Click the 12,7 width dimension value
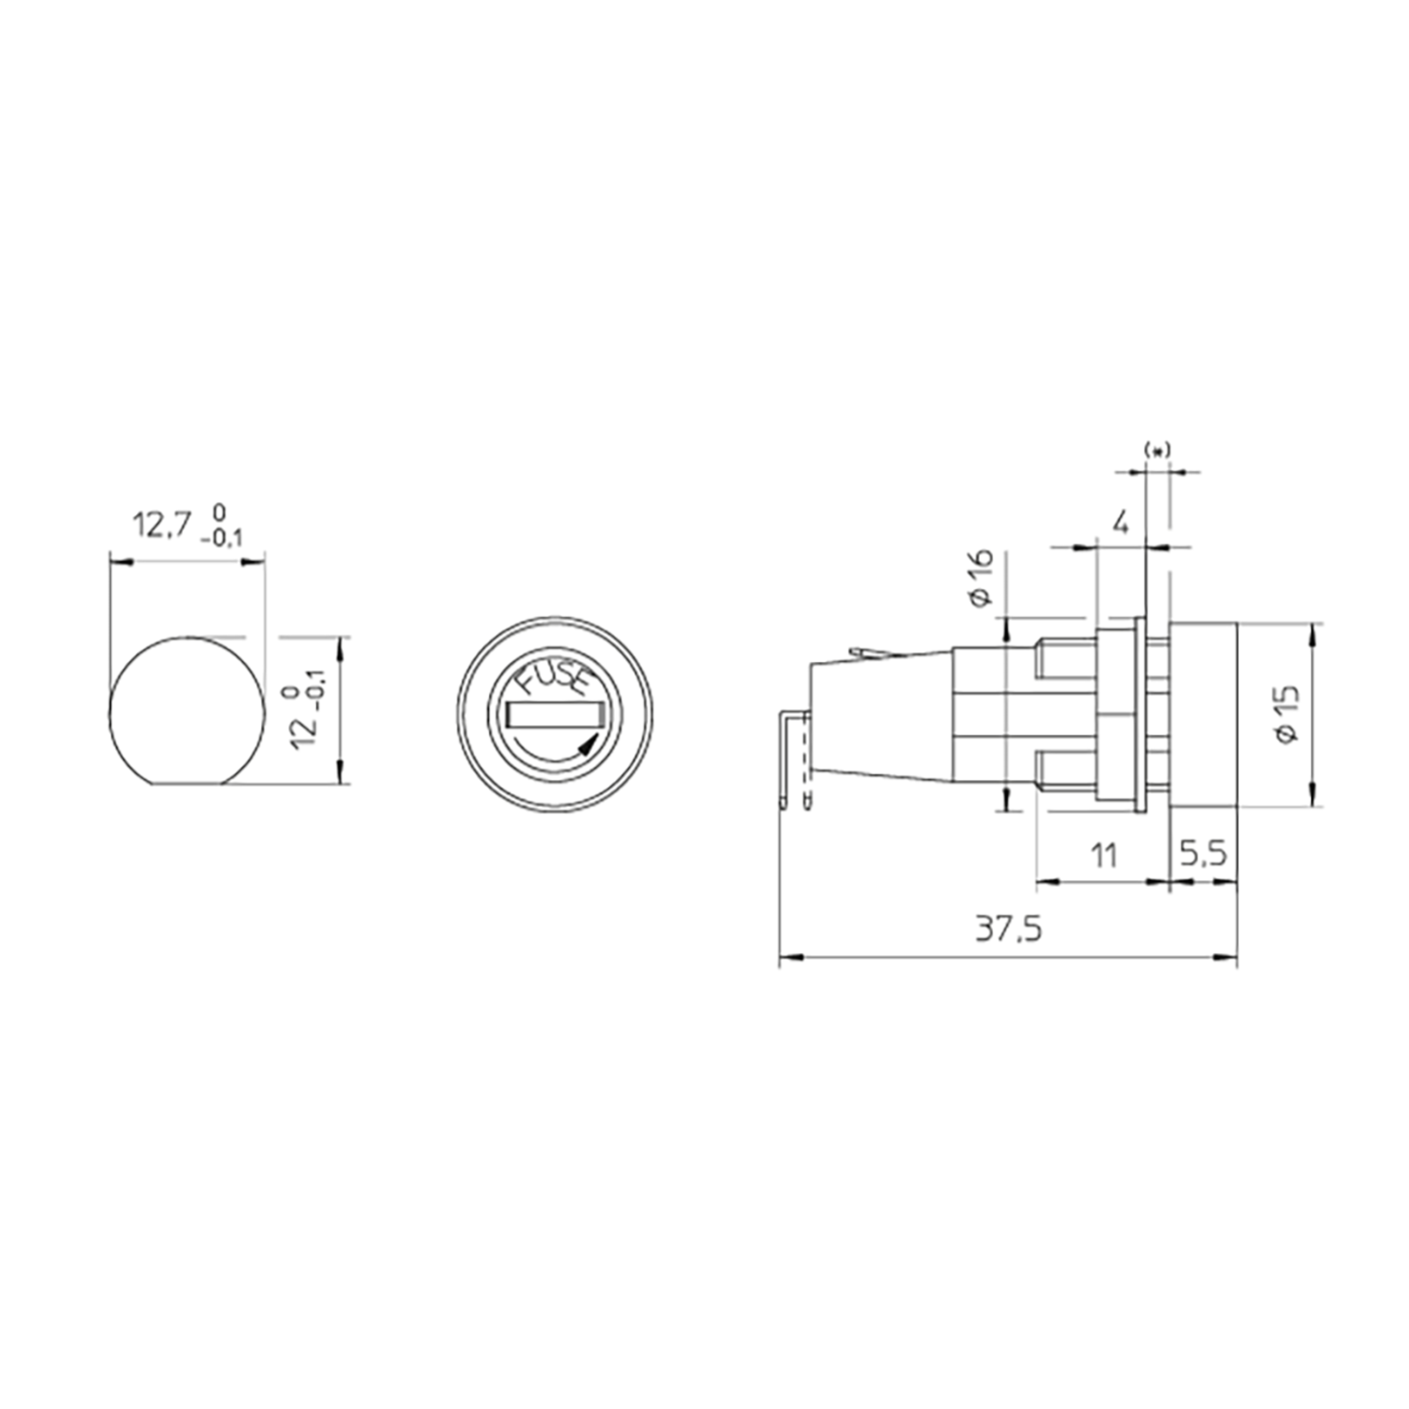click(161, 525)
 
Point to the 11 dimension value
click(1104, 855)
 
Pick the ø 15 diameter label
click(1288, 714)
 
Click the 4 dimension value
click(1121, 522)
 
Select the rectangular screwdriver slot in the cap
click(554, 714)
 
